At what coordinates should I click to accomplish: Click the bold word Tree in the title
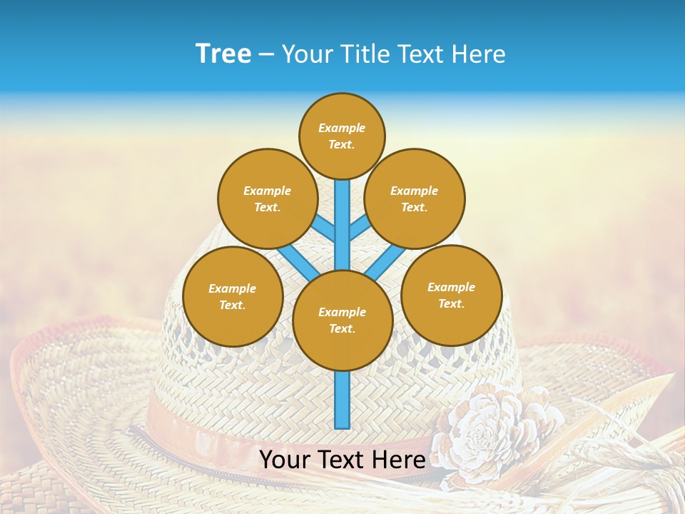223,54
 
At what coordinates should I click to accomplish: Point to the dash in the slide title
267,55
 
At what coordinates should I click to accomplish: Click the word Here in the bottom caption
399,459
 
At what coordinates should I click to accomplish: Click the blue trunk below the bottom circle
342,400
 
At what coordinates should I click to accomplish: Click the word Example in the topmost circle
342,128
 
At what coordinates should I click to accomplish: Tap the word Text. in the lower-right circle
451,303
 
